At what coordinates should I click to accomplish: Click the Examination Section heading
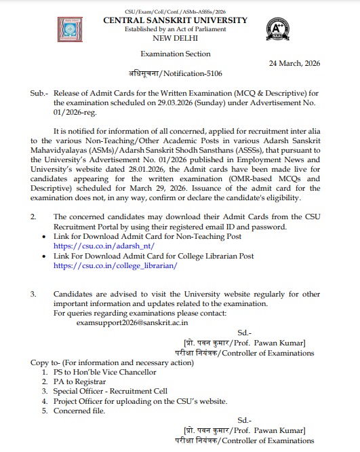[x=176, y=54]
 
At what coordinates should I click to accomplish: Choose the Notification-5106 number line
[x=175, y=73]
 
